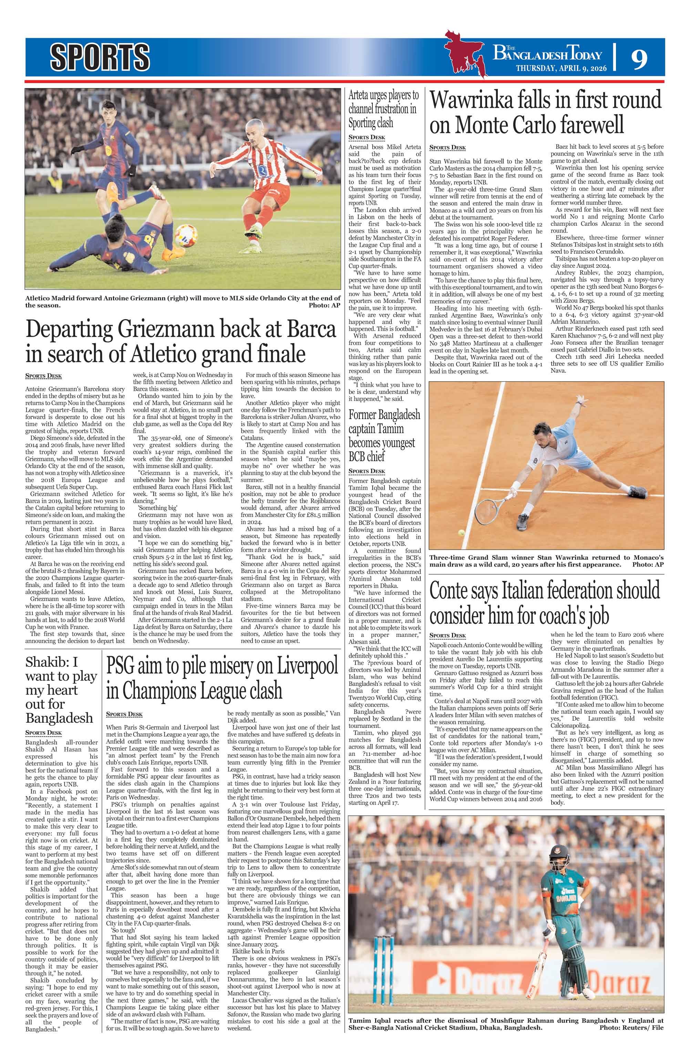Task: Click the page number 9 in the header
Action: (638, 59)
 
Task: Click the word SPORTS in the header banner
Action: (100, 57)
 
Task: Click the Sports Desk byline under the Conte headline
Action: (447, 635)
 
